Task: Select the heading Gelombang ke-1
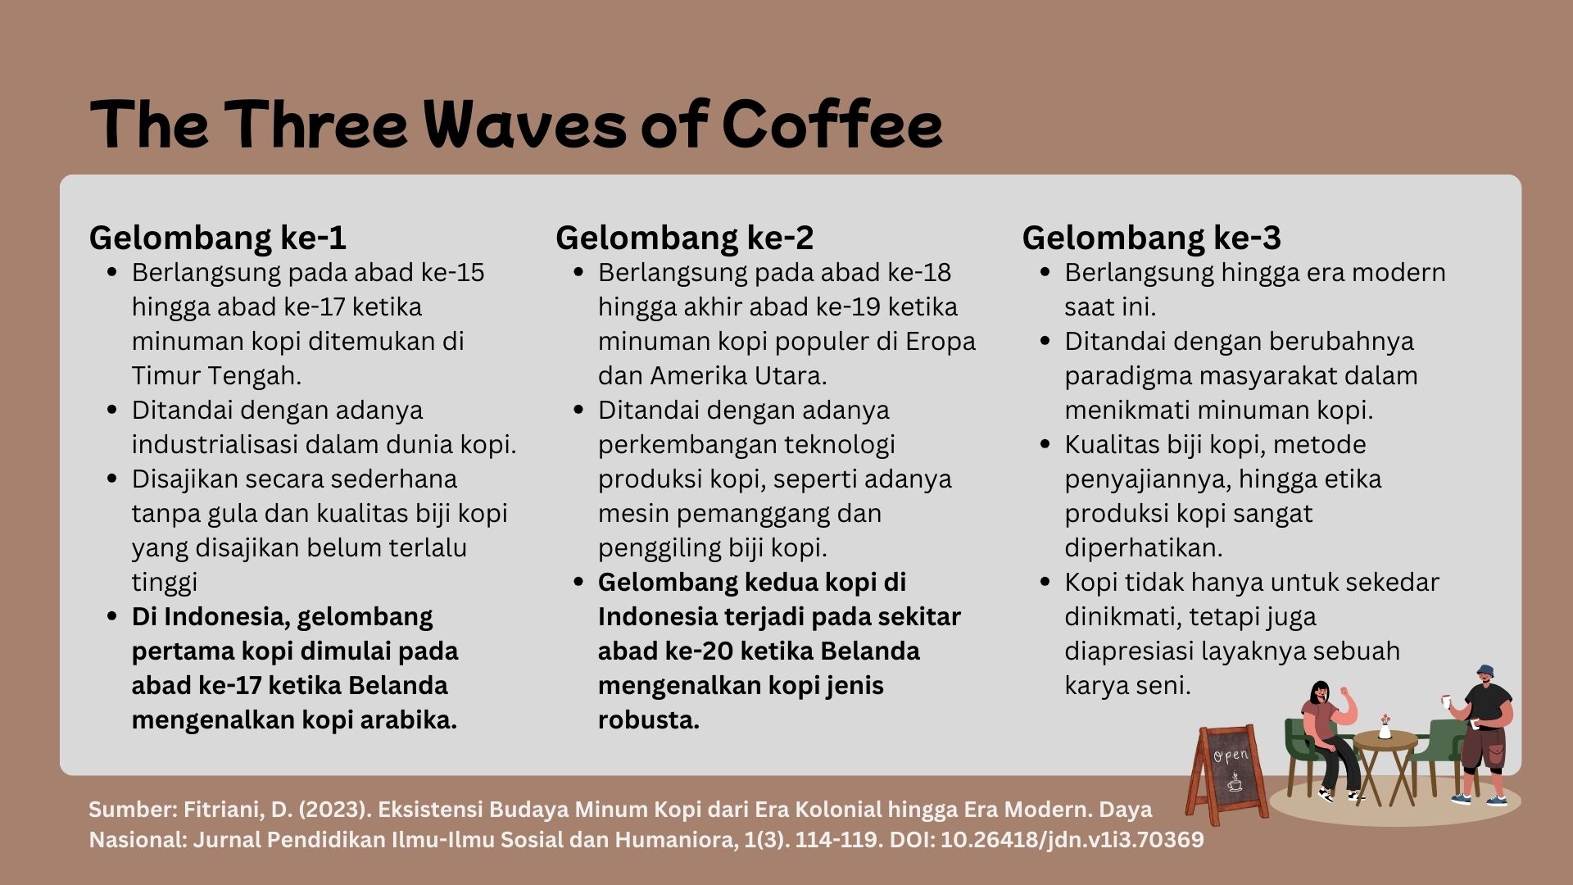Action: (218, 238)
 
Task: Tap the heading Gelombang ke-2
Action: (685, 238)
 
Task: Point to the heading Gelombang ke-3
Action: (1151, 238)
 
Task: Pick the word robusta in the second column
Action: (648, 719)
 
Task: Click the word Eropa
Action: (941, 342)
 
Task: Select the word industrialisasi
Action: (215, 444)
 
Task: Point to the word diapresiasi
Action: (1129, 651)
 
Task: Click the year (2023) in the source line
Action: (331, 810)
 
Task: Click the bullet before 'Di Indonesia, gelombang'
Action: (112, 615)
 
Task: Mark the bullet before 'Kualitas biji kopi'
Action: (1045, 443)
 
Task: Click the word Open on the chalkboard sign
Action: (1231, 755)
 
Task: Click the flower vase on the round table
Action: (1385, 727)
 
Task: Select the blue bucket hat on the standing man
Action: (1485, 671)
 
